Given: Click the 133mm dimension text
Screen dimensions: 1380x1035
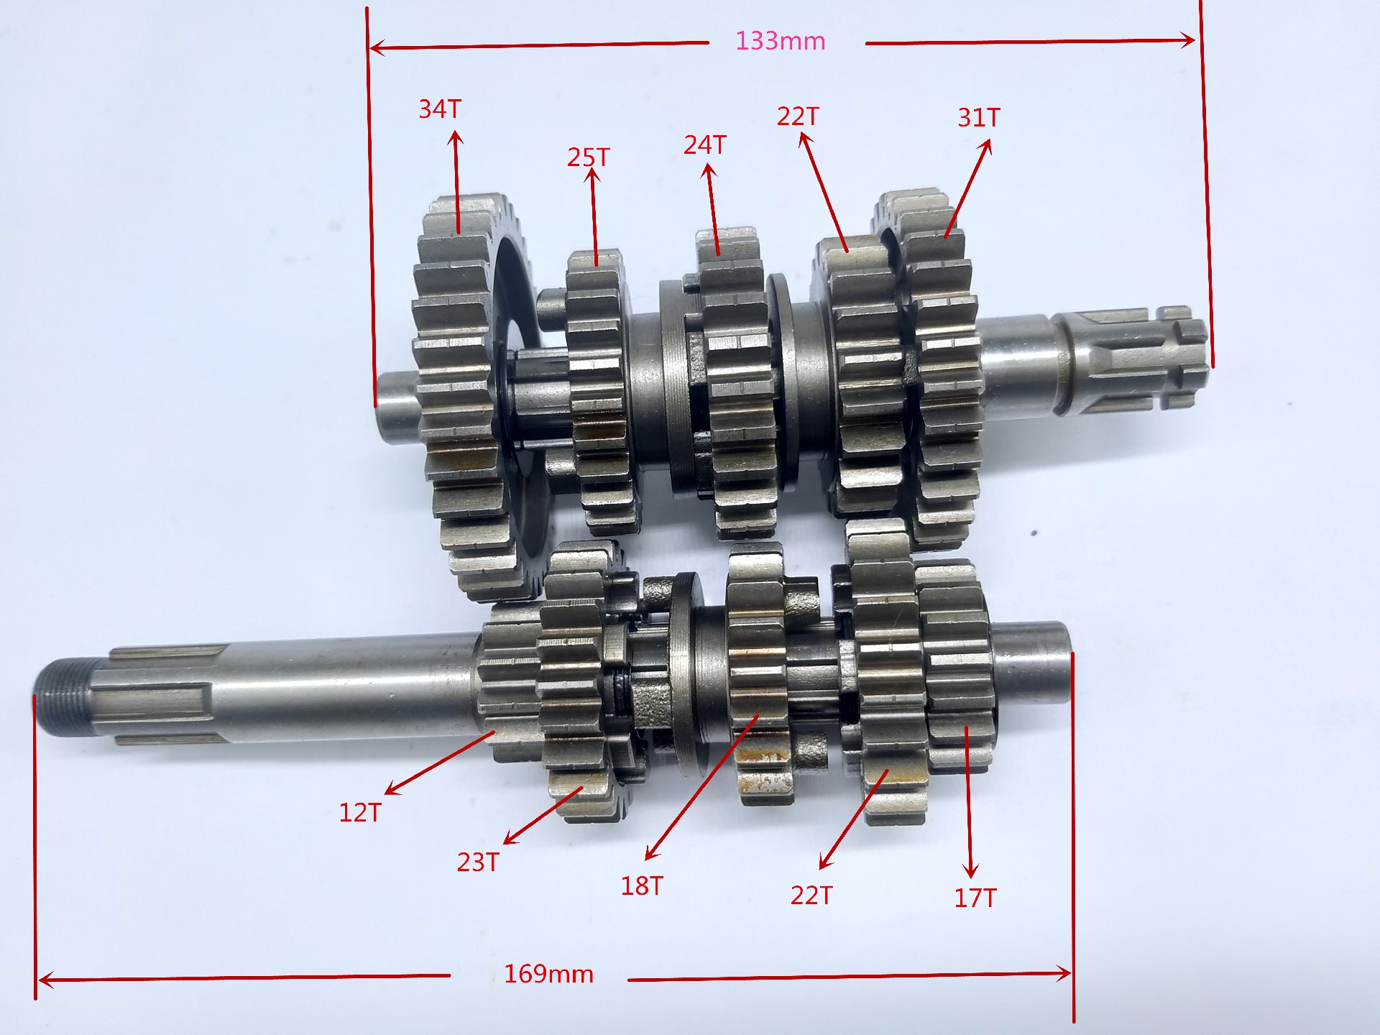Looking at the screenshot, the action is coord(780,41).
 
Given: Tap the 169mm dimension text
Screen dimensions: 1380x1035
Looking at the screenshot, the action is coord(548,974).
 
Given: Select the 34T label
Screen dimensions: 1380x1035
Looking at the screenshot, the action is coord(440,109).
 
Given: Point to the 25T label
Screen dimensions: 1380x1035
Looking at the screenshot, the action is coord(588,157).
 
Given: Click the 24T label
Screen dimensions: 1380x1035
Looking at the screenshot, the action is coord(704,144).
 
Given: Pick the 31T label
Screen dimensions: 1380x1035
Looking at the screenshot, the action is coord(978,117).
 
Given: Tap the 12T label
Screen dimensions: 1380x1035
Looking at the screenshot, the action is coord(359,812).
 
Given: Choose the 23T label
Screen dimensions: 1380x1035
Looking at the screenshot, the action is coord(478,861).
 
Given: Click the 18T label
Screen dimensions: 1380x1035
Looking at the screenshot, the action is coord(642,885).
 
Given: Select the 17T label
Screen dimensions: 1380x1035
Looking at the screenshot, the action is coord(975,897).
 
